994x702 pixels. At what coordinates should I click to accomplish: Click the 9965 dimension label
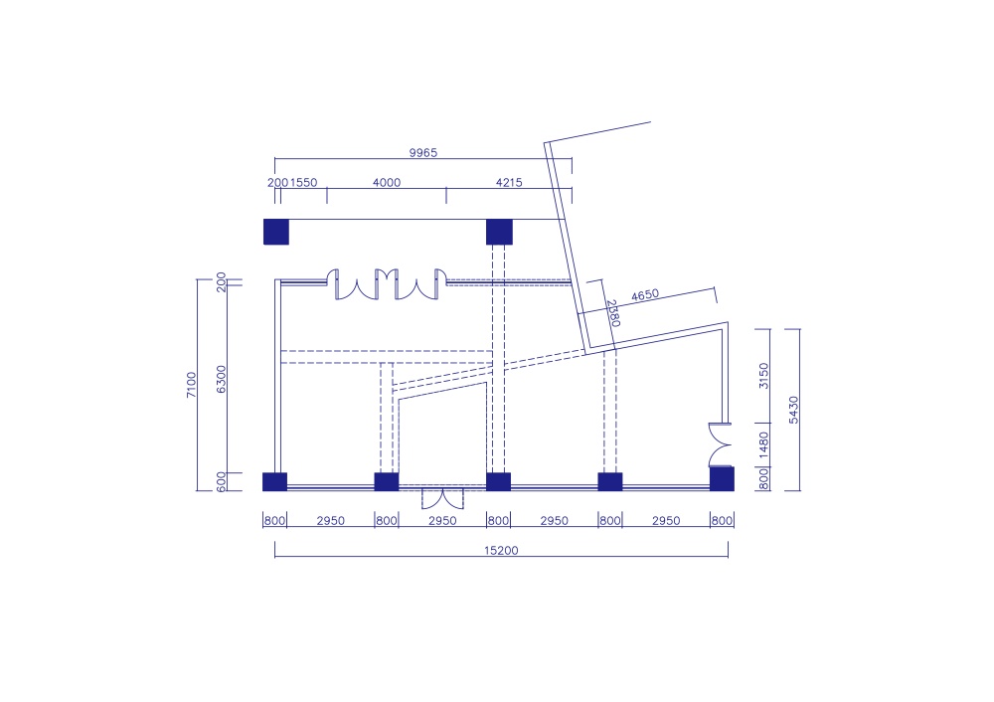click(422, 153)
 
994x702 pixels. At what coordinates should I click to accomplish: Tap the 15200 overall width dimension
click(501, 551)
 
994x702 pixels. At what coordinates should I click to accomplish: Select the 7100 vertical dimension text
click(192, 385)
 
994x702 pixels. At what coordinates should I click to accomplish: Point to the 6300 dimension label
click(222, 379)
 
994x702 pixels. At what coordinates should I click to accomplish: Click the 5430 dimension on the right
click(793, 410)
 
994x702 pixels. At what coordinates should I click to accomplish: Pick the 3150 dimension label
click(763, 376)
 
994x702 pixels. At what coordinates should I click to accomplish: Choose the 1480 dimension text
click(763, 444)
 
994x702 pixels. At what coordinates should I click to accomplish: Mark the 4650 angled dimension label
click(645, 295)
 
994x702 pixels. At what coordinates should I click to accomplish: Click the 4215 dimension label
click(509, 183)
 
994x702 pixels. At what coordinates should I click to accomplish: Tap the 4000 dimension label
click(387, 183)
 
